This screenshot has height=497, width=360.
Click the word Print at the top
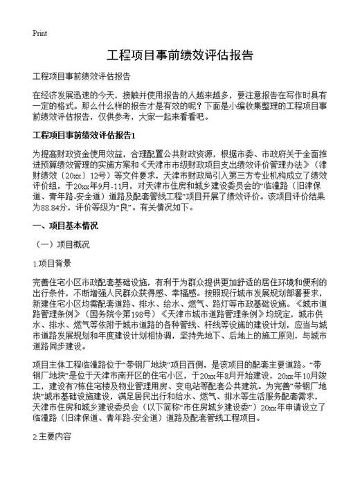(x=39, y=34)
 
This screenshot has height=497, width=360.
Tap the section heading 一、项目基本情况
(x=65, y=226)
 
